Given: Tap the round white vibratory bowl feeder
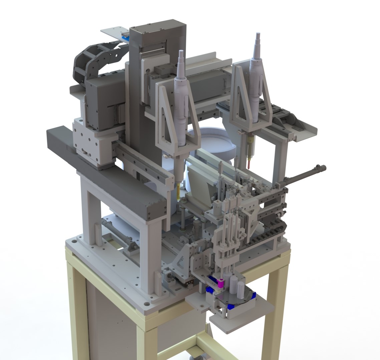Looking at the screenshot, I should [214, 140].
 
